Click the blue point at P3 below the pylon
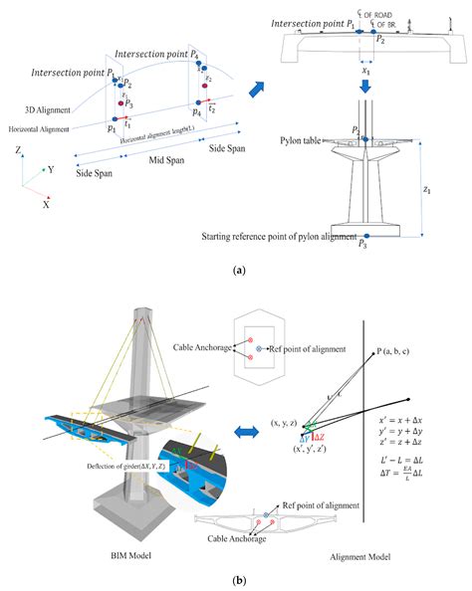(x=367, y=233)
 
